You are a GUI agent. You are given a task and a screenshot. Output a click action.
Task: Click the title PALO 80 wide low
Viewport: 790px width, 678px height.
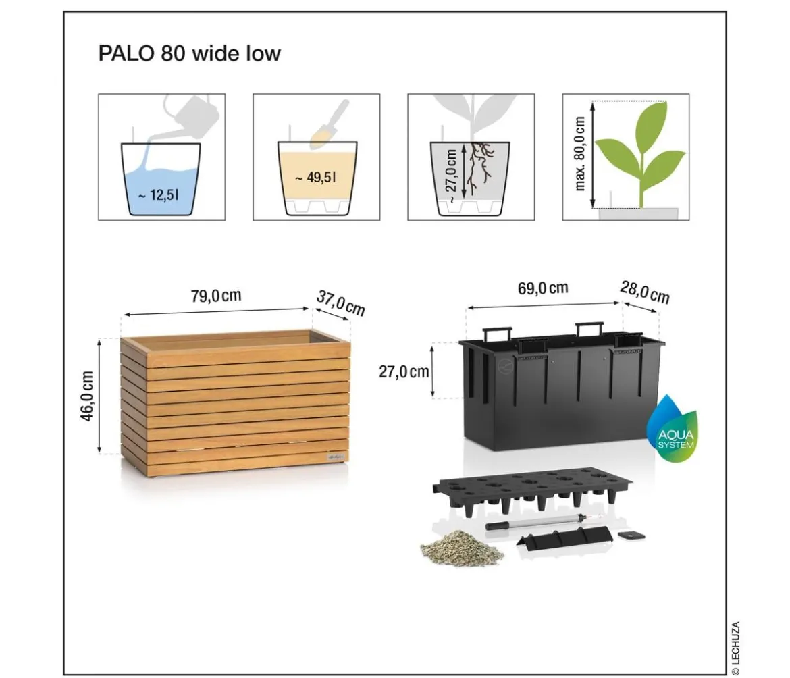point(190,53)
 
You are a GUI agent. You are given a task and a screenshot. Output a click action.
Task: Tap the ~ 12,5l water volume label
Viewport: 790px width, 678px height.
point(159,194)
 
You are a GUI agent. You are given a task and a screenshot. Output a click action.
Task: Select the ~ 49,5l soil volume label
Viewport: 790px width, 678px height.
point(316,178)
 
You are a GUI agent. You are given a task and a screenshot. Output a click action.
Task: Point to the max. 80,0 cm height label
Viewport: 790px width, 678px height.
point(580,154)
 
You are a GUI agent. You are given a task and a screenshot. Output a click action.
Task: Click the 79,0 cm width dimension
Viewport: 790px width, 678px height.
point(216,295)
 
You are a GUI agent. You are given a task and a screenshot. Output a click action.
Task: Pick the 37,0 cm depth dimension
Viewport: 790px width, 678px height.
point(340,303)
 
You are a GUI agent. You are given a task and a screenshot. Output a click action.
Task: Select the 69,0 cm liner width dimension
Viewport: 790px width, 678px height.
point(543,288)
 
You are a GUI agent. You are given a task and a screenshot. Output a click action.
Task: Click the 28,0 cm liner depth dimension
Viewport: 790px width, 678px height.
point(645,292)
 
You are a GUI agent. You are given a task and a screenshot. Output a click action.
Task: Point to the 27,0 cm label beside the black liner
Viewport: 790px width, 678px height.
point(404,371)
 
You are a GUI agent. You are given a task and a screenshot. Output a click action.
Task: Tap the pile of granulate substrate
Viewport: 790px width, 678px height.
point(461,548)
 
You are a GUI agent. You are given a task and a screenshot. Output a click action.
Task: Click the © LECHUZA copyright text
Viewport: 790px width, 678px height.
point(735,648)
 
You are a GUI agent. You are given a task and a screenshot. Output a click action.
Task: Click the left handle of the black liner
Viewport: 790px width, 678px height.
point(497,334)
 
